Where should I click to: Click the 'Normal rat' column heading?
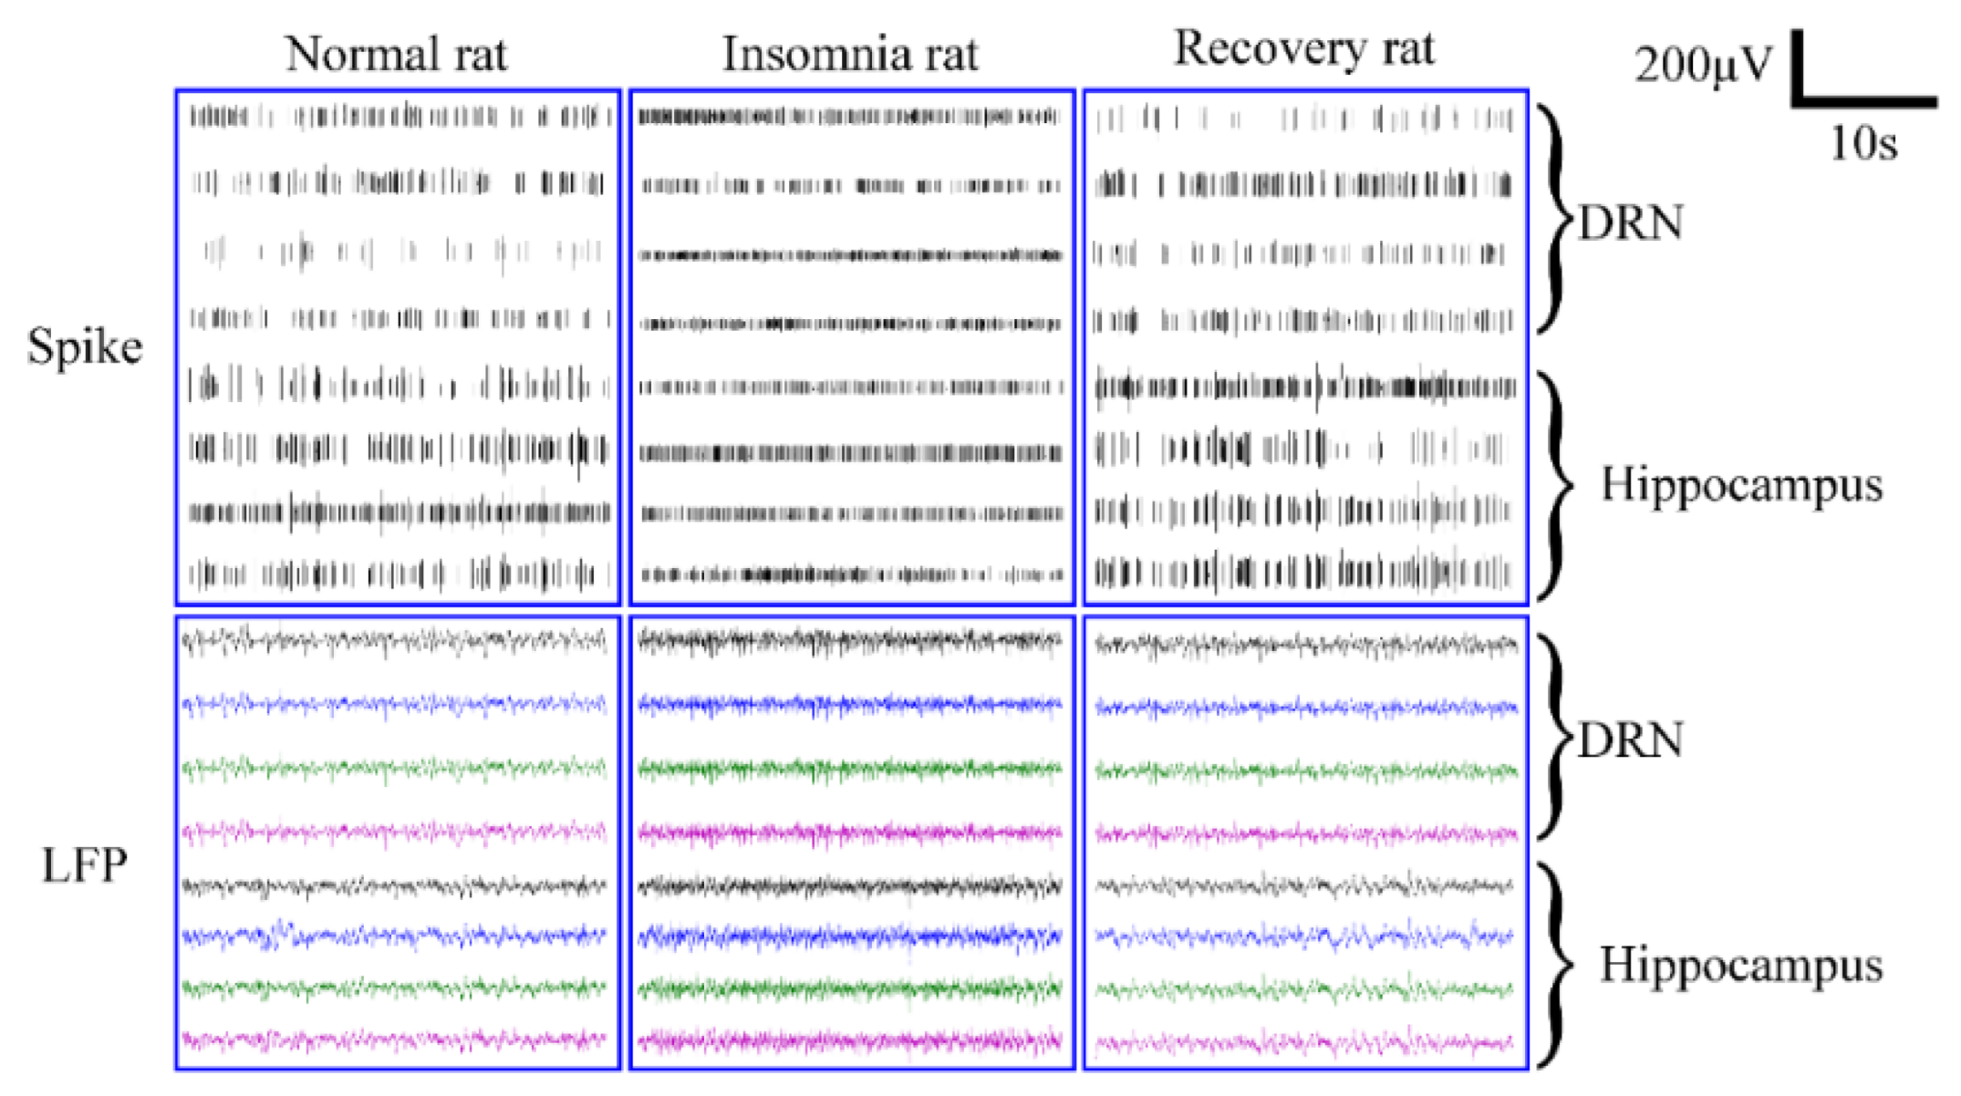[396, 55]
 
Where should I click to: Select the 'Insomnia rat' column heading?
[850, 55]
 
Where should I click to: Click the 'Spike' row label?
[85, 347]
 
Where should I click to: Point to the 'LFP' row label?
[84, 865]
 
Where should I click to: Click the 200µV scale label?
[1702, 66]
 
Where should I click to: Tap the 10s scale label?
[1863, 144]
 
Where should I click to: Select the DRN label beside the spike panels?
[1630, 223]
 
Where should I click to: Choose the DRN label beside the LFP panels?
[1630, 740]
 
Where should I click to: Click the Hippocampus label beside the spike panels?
[1741, 484]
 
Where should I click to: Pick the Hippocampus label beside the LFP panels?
[1741, 965]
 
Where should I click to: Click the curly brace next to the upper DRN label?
[1557, 219]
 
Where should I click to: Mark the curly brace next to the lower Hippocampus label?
[1557, 965]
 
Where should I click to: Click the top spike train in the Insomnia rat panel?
[850, 117]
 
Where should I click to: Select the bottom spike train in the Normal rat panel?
[398, 574]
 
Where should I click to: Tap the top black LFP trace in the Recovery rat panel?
[1304, 646]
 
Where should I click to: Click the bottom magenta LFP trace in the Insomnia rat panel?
[850, 1039]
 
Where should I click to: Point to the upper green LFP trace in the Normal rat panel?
[394, 769]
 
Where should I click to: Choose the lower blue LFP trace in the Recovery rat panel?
[1304, 936]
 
